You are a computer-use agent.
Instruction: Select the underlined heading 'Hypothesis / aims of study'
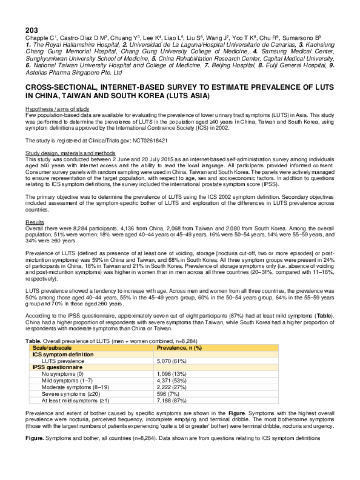(x=57, y=109)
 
